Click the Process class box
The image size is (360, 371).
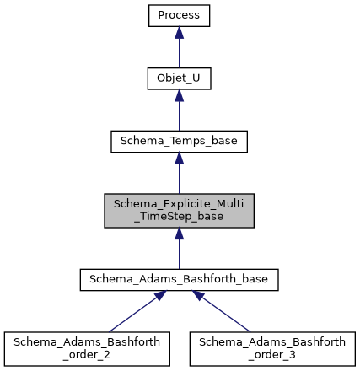pos(179,15)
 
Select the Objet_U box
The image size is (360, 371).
pos(179,78)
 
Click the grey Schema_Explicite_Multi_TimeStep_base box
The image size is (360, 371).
pos(179,210)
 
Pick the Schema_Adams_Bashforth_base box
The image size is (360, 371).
pos(179,279)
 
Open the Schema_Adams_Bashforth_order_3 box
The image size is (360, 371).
pos(271,347)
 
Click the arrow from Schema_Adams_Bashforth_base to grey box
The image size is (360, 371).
pos(179,248)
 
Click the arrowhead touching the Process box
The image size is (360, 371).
pos(179,33)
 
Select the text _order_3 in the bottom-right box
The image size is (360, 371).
pos(271,354)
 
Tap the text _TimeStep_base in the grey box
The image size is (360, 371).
pos(179,218)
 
